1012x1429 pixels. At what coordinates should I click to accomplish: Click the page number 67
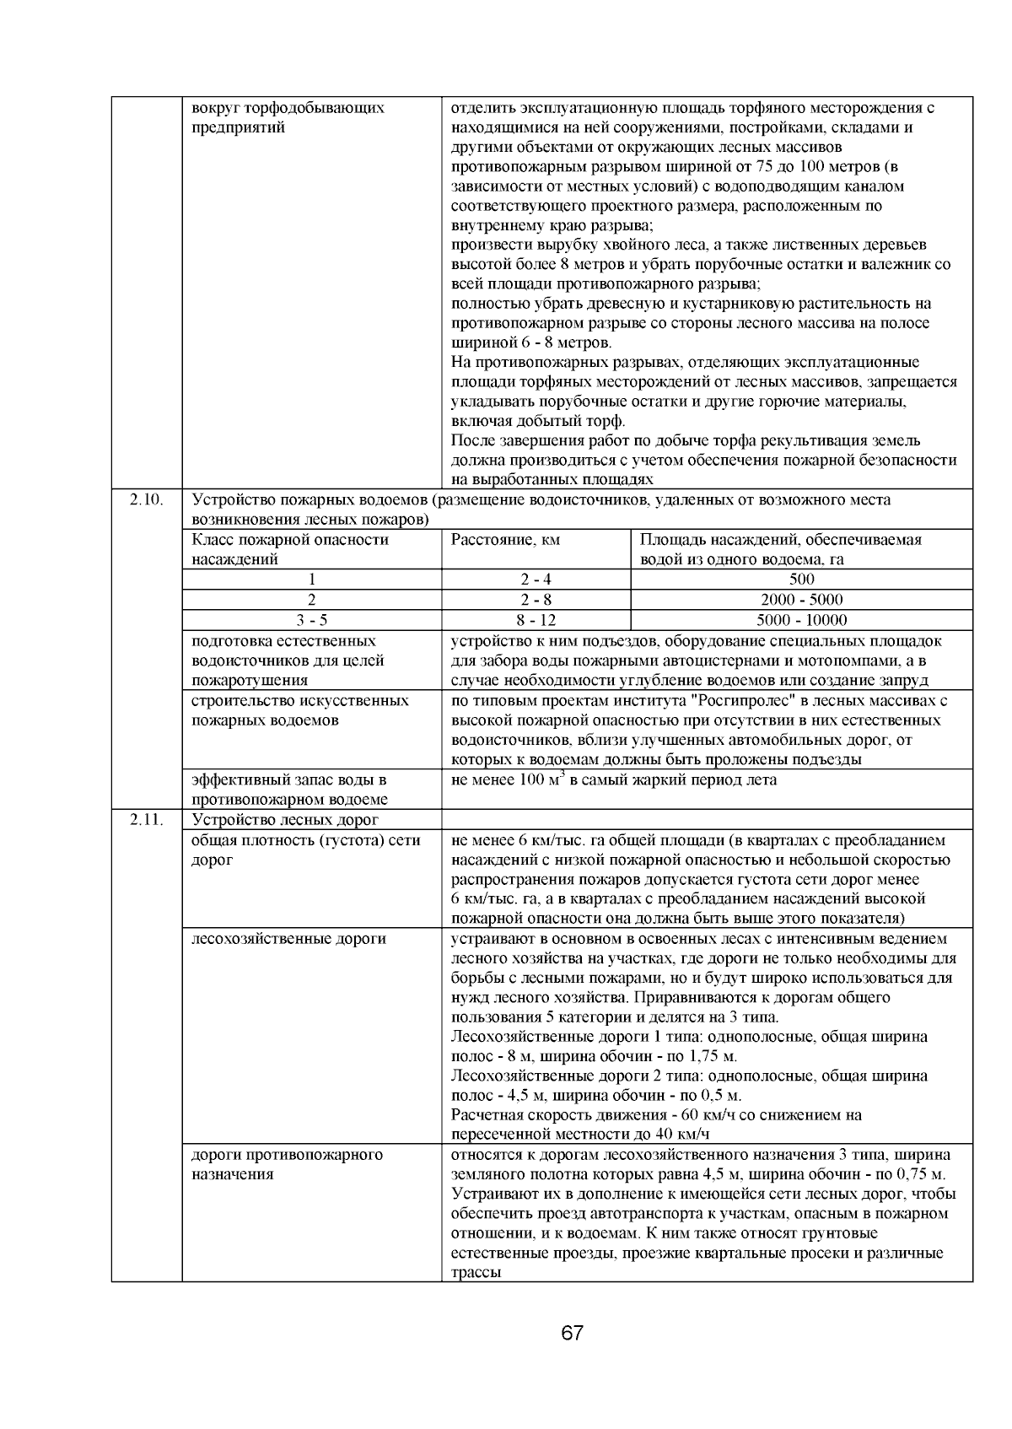pyautogui.click(x=572, y=1334)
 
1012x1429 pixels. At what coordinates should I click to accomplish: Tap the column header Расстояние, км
pyautogui.click(x=506, y=540)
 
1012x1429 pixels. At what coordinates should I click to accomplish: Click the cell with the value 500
pyautogui.click(x=801, y=580)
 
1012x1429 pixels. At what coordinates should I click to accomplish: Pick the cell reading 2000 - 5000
pyautogui.click(x=801, y=600)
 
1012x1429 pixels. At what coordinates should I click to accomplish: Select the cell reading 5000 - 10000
pyautogui.click(x=801, y=620)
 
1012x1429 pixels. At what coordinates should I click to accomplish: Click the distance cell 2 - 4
pyautogui.click(x=536, y=580)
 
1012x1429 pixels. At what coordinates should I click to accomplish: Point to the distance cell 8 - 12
pyautogui.click(x=536, y=620)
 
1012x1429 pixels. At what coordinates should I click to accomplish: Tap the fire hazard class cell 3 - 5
pyautogui.click(x=311, y=620)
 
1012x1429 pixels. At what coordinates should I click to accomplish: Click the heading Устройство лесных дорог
pyautogui.click(x=285, y=820)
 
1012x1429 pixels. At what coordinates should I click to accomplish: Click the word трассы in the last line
pyautogui.click(x=476, y=1273)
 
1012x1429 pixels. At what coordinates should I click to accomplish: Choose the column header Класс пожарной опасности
pyautogui.click(x=290, y=540)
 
